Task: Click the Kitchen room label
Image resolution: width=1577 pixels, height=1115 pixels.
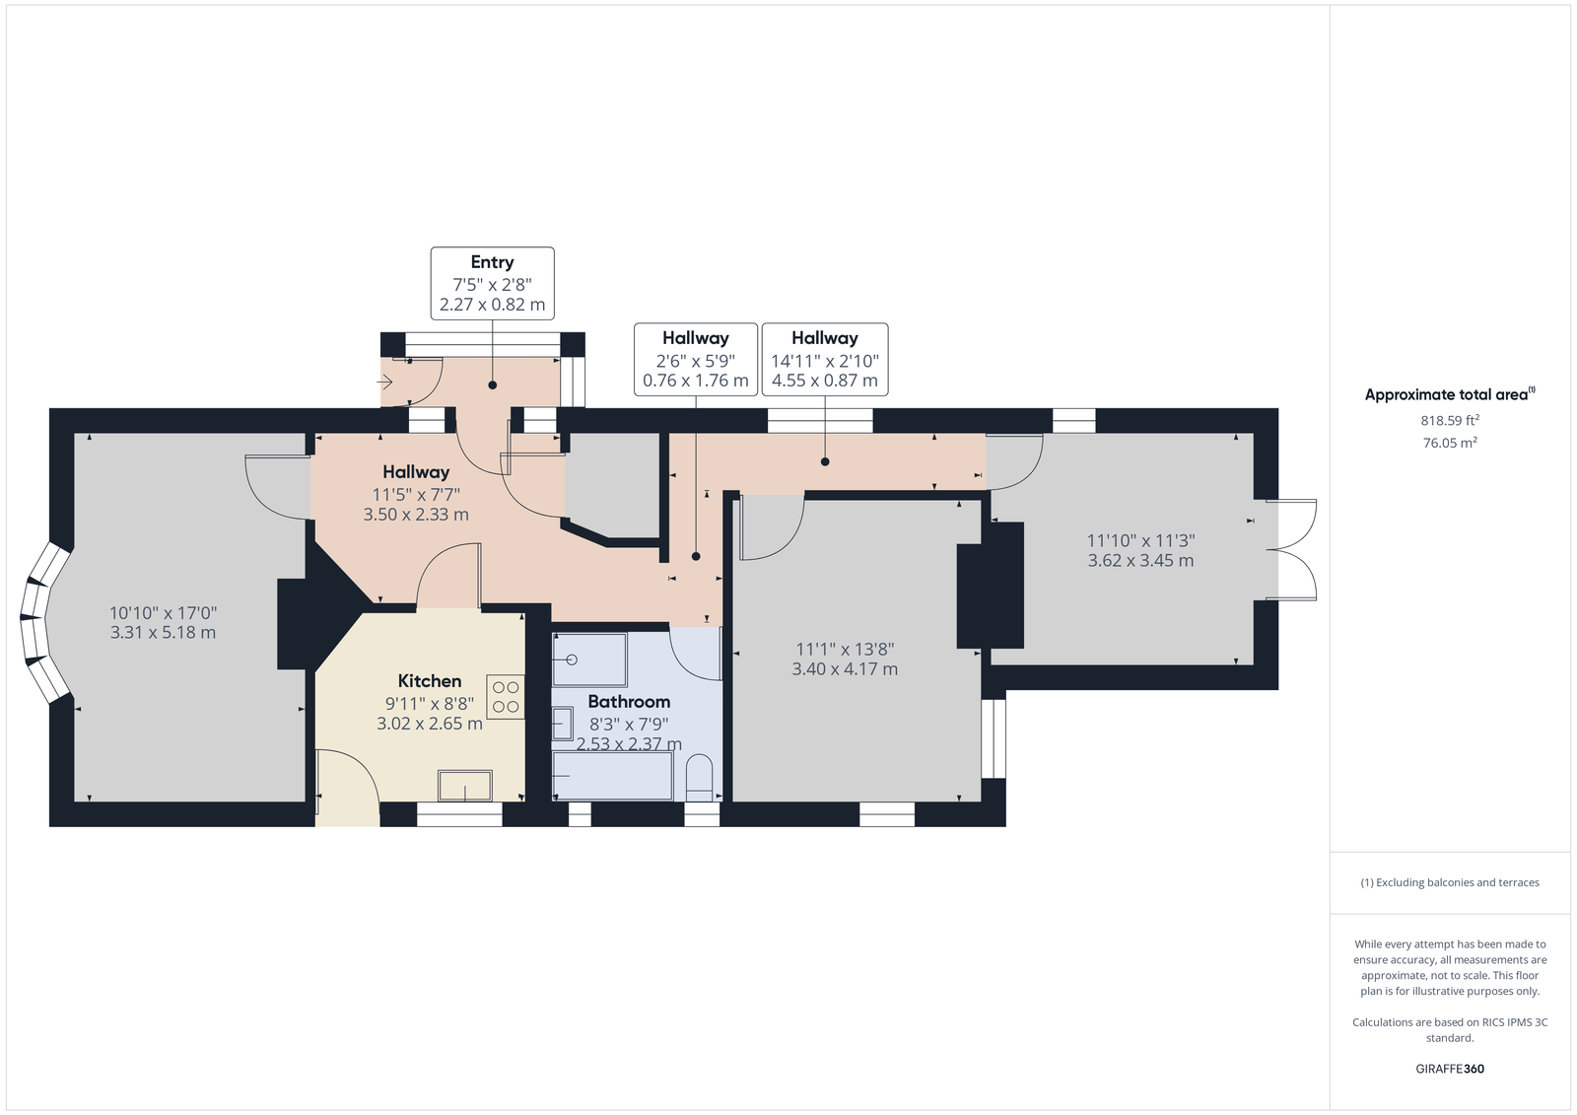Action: [430, 681]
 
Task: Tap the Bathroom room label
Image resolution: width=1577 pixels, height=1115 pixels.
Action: [629, 702]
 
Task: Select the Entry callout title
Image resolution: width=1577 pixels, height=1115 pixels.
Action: [492, 262]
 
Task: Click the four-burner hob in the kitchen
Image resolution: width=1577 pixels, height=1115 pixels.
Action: [506, 697]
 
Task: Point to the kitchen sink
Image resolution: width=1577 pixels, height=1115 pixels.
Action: [464, 786]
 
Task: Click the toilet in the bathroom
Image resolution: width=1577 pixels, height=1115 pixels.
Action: [700, 778]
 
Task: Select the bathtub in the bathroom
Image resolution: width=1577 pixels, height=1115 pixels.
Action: [612, 776]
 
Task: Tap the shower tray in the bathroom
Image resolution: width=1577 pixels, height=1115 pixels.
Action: [590, 660]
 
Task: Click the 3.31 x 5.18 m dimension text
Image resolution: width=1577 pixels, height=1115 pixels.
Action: [163, 633]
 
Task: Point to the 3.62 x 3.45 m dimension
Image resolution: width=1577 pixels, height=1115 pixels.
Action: [1140, 561]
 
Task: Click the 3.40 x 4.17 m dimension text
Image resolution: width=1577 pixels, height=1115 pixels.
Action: [845, 669]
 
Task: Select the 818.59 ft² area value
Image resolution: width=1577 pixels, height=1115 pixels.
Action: [1450, 421]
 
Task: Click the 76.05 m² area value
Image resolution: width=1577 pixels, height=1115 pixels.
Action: [1450, 443]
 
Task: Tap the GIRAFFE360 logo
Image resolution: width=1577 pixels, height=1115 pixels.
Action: [1450, 1069]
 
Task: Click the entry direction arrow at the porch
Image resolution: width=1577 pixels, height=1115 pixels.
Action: [384, 383]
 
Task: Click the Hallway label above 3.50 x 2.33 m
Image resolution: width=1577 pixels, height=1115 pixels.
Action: [416, 472]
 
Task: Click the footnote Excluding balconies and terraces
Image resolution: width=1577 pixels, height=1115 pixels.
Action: [1450, 882]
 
